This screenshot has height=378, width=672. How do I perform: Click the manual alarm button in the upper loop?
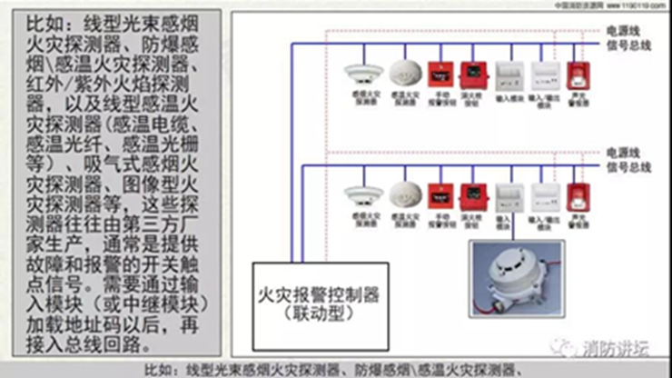tap(440, 73)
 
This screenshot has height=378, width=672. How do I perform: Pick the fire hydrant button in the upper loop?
tap(472, 73)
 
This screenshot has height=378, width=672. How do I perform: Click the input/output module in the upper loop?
tap(542, 75)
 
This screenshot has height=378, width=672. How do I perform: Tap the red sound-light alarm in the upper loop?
tap(575, 75)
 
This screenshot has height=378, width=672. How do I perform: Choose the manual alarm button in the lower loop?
tap(440, 194)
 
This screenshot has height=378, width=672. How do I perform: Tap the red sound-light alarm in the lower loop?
tap(575, 196)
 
